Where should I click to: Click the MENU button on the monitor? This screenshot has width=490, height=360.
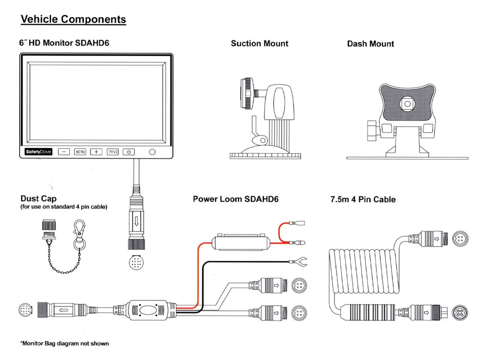pyautogui.click(x=80, y=152)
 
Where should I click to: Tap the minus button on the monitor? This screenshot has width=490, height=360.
pyautogui.click(x=64, y=152)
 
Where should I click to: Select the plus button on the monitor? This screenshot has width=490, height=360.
pyautogui.click(x=96, y=152)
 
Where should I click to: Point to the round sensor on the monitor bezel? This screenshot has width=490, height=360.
pyautogui.click(x=152, y=152)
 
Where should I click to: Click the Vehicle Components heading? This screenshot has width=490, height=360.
pyautogui.click(x=73, y=20)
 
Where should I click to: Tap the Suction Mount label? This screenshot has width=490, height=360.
pyautogui.click(x=259, y=44)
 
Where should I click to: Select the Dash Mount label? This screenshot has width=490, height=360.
pyautogui.click(x=370, y=44)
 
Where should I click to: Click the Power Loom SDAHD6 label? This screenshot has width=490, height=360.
pyautogui.click(x=235, y=199)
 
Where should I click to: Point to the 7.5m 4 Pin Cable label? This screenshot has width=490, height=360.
pyautogui.click(x=363, y=199)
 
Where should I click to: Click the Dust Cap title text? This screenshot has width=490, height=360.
pyautogui.click(x=38, y=199)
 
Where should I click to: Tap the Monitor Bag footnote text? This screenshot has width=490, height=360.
pyautogui.click(x=65, y=343)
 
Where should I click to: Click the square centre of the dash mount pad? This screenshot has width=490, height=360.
pyautogui.click(x=408, y=103)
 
